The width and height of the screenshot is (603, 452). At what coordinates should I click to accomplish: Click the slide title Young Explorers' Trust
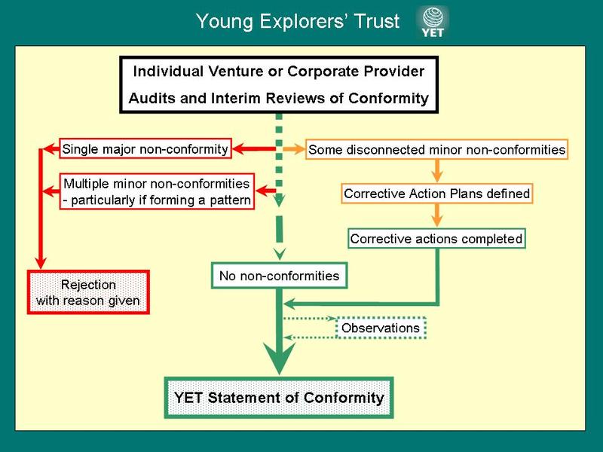297,22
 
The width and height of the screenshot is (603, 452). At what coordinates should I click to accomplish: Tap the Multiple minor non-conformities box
158,191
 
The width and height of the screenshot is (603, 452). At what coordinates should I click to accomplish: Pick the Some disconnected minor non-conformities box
436,149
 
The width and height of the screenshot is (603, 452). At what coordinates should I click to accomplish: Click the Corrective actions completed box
436,239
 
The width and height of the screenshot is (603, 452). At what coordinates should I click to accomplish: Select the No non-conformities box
279,276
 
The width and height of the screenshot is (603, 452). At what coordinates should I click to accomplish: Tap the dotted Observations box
381,328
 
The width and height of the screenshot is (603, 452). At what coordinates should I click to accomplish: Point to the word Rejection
87,286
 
